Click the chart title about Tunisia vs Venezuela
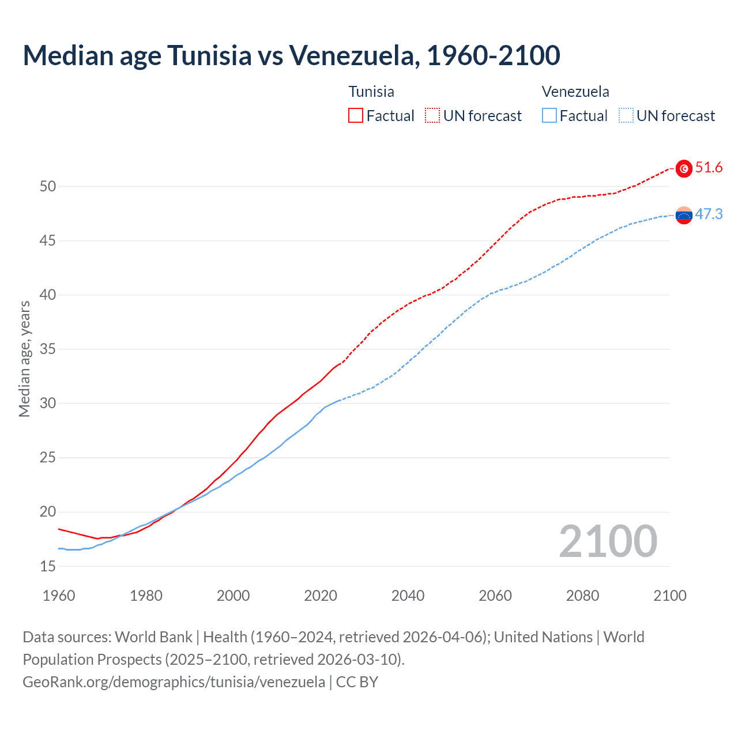click(291, 55)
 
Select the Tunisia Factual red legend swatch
click(356, 116)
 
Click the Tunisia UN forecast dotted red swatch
click(432, 116)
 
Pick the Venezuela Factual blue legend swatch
click(549, 116)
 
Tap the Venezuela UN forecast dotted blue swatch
click(626, 116)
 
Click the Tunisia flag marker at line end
click(684, 168)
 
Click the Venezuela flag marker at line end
click(684, 215)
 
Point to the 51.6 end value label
click(709, 168)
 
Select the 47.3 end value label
click(709, 214)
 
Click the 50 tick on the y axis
click(48, 186)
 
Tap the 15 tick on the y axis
click(48, 566)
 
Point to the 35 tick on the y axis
click(48, 349)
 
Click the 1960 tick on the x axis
click(59, 596)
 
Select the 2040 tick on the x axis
click(408, 596)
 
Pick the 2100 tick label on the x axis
click(670, 596)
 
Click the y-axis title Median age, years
click(24, 359)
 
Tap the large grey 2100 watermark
click(608, 541)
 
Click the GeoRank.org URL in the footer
click(174, 682)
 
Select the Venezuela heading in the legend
click(575, 92)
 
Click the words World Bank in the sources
click(153, 637)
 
